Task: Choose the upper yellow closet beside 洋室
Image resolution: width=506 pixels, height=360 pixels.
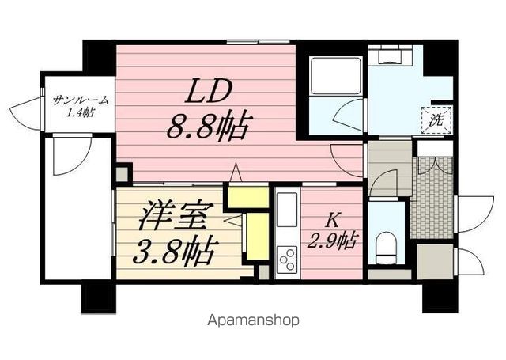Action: point(244,195)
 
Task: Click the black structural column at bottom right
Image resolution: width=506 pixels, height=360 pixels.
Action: point(440,297)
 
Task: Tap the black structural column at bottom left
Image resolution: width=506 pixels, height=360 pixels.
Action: point(97,297)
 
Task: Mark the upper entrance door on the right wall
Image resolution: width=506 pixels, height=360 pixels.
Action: point(468,210)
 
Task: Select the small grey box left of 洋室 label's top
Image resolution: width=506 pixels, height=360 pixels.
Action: point(123,173)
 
